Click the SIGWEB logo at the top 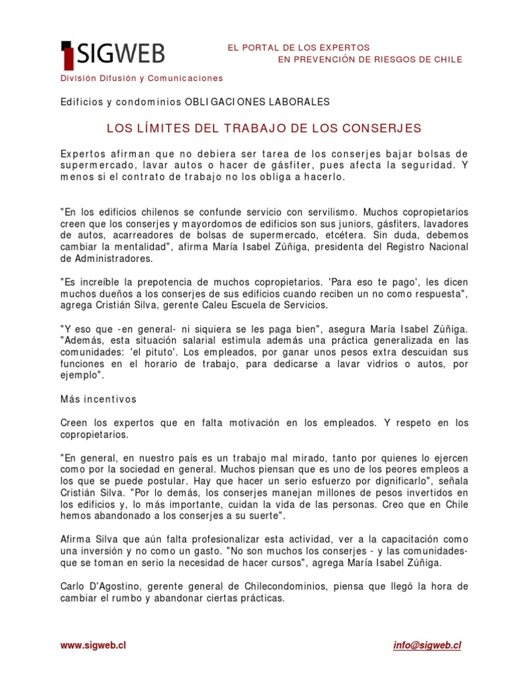[112, 54]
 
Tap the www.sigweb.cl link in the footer [93, 645]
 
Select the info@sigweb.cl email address [427, 645]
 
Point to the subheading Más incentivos [98, 399]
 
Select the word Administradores [107, 258]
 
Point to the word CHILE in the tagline [446, 60]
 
